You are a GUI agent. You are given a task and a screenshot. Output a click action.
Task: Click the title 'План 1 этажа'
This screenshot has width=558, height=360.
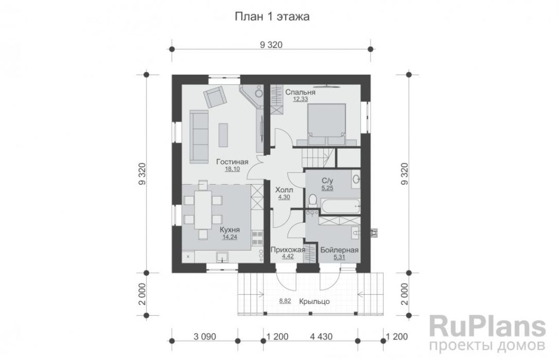(272, 16)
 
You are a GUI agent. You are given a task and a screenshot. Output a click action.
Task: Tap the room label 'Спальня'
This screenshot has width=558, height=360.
(300, 92)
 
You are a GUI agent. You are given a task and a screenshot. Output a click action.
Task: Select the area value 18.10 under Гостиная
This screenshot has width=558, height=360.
(232, 169)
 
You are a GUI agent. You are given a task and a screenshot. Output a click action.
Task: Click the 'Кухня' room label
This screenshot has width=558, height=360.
(229, 230)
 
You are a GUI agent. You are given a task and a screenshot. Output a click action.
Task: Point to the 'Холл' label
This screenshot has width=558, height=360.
(284, 190)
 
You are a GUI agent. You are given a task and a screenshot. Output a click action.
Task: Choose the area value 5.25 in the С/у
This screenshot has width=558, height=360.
(327, 188)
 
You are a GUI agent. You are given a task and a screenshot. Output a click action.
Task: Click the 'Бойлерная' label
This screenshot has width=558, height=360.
(339, 250)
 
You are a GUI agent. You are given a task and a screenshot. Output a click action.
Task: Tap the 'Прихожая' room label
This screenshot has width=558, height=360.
(288, 250)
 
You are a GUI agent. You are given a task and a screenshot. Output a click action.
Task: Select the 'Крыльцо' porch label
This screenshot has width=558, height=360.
(314, 302)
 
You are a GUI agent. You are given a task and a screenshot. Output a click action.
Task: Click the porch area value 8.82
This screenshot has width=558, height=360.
(285, 301)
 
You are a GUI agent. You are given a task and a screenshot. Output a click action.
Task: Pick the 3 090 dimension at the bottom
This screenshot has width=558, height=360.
(205, 337)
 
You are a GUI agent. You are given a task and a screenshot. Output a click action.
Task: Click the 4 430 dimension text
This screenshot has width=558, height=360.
(322, 337)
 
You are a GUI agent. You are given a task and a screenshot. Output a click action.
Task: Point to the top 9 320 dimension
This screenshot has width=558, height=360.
(271, 45)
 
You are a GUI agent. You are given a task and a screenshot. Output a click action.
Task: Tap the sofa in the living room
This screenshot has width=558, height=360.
(199, 137)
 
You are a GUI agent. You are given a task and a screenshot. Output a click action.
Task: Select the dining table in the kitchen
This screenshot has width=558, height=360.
(203, 210)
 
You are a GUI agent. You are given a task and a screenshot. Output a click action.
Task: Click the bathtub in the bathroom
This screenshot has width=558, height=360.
(339, 206)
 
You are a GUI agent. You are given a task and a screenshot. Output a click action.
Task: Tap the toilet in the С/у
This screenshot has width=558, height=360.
(312, 200)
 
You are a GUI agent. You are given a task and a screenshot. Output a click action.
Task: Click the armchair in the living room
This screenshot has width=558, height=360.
(215, 96)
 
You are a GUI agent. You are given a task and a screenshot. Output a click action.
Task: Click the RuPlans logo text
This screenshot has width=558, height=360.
(488, 327)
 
